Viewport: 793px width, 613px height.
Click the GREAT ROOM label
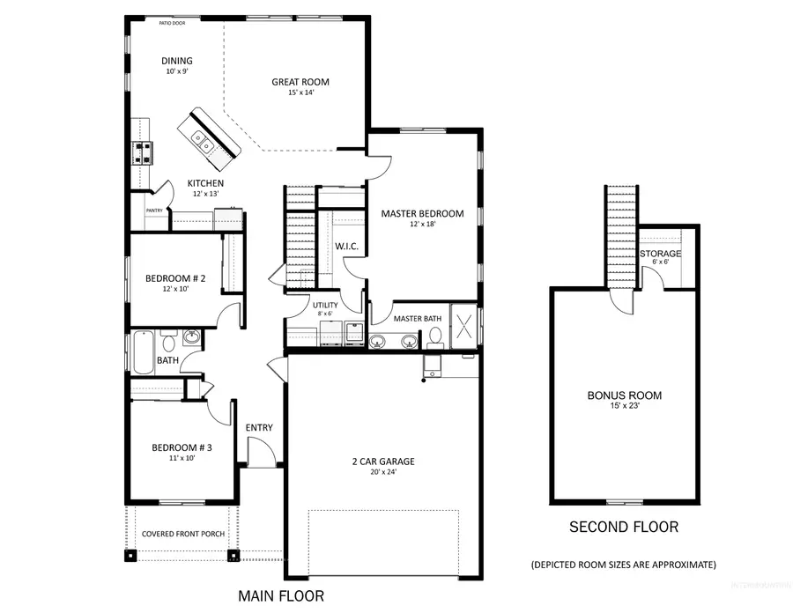(x=300, y=82)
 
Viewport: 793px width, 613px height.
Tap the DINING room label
(x=176, y=61)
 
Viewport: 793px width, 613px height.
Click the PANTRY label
(x=154, y=210)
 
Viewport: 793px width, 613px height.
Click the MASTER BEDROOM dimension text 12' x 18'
(x=422, y=225)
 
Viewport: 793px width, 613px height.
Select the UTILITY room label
(x=324, y=305)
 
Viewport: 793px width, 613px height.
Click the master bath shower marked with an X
(x=466, y=322)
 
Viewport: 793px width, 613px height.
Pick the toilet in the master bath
(x=434, y=337)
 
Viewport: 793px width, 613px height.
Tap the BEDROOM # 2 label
(x=175, y=280)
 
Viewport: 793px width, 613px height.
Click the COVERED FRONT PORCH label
(x=183, y=535)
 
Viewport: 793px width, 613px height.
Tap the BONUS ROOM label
(x=624, y=395)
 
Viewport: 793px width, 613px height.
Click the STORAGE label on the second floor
(x=660, y=254)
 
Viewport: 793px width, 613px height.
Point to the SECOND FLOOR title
(x=624, y=528)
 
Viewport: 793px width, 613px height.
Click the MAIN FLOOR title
(x=281, y=596)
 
